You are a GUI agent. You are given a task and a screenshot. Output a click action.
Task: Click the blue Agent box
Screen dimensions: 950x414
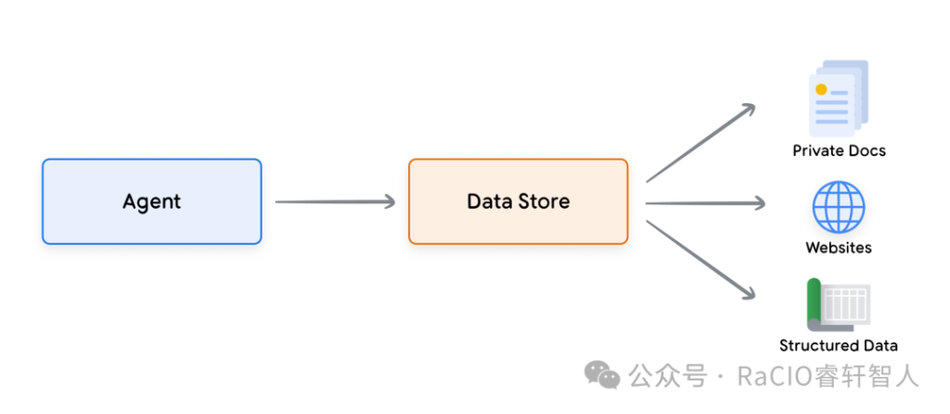151,201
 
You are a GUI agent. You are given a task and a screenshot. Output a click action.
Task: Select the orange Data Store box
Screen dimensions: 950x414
518,201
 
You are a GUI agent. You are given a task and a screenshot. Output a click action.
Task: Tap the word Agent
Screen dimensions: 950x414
151,201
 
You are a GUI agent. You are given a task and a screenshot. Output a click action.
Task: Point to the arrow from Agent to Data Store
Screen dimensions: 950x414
335,201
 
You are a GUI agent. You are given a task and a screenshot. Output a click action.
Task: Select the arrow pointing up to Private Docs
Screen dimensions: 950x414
701,142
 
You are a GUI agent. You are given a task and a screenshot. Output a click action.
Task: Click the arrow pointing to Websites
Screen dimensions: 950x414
705,203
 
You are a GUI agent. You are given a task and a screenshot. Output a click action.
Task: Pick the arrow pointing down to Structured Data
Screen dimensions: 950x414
701,260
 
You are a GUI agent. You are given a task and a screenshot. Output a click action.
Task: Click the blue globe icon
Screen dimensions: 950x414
839,207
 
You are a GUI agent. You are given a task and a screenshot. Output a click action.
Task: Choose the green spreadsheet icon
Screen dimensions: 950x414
838,304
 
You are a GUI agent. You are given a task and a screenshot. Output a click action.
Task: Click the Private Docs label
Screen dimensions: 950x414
839,150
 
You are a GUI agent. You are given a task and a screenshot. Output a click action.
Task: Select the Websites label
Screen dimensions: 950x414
839,247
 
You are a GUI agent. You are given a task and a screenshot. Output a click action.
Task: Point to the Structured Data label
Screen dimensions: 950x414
839,346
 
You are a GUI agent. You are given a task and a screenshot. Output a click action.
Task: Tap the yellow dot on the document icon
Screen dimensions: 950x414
821,90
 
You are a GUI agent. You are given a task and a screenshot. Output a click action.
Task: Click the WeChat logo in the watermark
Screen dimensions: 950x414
602,375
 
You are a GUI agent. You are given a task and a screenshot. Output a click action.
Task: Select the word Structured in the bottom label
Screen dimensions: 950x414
815,346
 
